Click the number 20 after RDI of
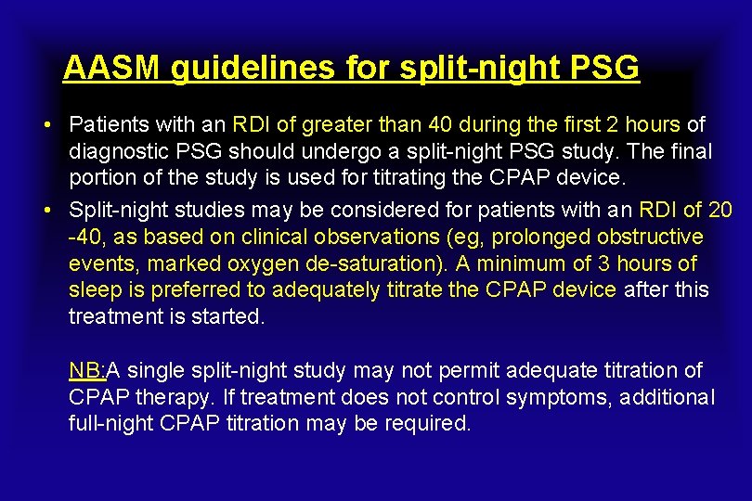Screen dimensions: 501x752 pyautogui.click(x=720, y=211)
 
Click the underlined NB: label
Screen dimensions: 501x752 pyautogui.click(x=87, y=371)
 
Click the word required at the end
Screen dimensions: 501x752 pyautogui.click(x=435, y=424)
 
